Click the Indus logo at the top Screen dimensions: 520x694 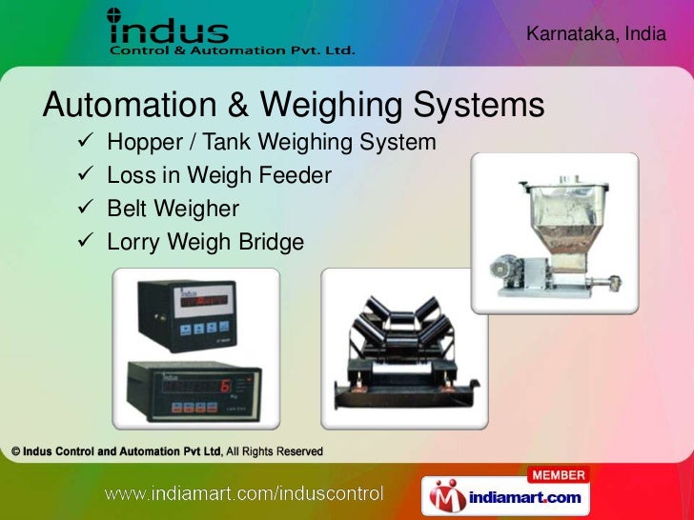point(230,32)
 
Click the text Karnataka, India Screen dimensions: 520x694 point(589,33)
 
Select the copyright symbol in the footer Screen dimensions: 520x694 point(16,451)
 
